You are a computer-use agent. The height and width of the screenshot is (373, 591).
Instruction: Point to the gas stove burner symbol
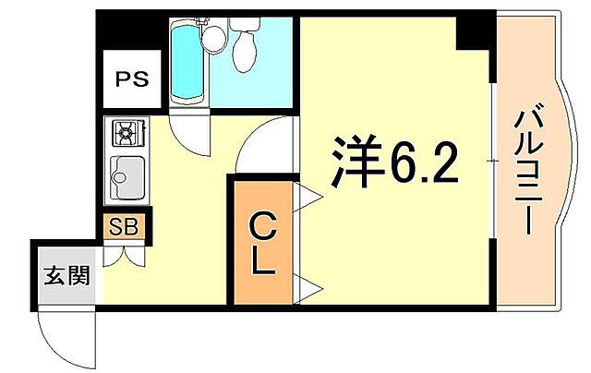124,135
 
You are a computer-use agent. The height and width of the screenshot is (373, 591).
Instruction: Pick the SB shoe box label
123,227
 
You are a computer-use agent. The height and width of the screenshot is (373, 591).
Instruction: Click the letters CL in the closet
262,244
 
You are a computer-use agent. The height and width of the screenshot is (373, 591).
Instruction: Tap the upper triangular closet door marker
308,196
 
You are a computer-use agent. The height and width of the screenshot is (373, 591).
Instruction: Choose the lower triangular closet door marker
308,287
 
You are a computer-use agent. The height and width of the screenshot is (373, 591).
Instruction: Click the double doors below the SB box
124,255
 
